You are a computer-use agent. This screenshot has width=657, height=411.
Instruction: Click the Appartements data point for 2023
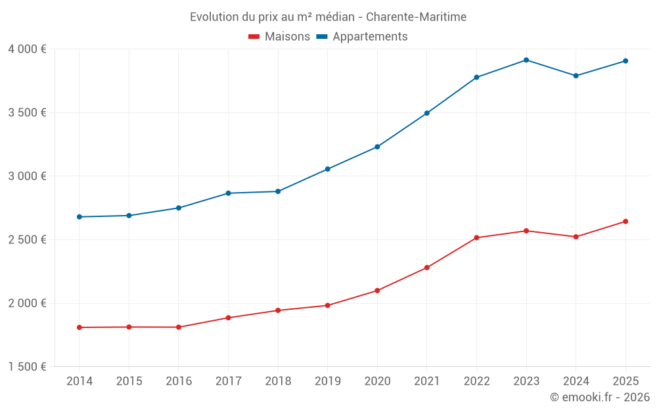(526, 60)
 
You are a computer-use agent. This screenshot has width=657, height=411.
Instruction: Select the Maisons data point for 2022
(476, 237)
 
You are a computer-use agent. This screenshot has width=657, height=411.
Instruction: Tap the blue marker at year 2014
(79, 216)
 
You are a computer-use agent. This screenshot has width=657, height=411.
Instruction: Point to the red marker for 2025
(625, 221)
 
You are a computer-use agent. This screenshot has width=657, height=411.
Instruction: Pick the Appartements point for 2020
(377, 147)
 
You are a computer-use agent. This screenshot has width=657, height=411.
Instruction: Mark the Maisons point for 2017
(228, 318)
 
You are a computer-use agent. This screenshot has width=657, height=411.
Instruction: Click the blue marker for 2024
(576, 76)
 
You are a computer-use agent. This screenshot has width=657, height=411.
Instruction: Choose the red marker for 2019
(327, 305)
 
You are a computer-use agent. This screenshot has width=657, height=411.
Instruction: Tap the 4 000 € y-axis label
(27, 49)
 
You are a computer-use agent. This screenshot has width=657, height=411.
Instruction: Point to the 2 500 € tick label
(27, 240)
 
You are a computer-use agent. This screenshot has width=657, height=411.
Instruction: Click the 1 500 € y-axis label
(27, 367)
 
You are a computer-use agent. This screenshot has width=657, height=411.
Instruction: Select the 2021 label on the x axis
(427, 381)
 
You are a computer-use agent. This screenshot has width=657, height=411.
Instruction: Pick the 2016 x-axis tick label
(178, 381)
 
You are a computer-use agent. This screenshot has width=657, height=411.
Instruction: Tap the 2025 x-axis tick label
(625, 381)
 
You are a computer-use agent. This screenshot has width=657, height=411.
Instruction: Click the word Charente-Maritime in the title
(416, 17)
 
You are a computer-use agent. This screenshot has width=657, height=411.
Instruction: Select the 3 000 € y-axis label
(27, 176)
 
